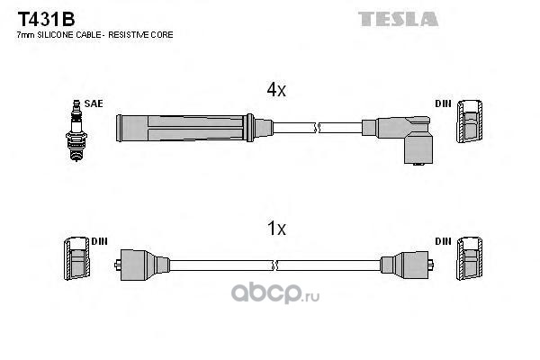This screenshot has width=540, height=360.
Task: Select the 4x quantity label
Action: (275, 90)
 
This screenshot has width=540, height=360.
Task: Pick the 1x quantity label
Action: (275, 229)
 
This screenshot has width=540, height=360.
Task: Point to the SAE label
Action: (93, 104)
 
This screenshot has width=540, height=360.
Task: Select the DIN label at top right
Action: (444, 104)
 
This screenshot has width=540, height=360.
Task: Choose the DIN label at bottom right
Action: (443, 241)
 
